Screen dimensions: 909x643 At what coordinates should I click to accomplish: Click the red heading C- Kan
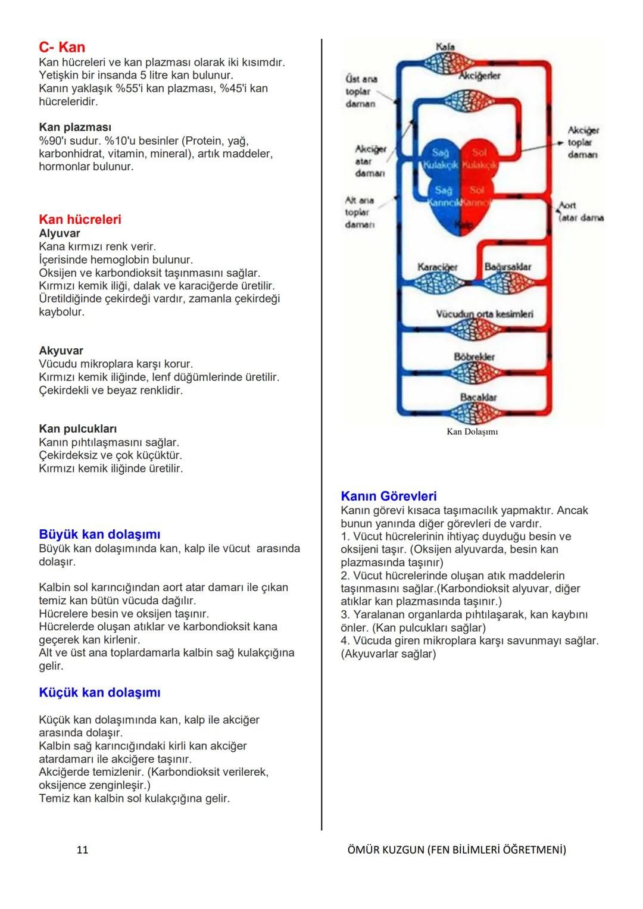coord(62,48)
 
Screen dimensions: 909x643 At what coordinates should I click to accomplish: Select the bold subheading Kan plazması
coord(75,127)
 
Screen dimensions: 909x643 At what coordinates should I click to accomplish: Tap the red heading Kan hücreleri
coord(80,220)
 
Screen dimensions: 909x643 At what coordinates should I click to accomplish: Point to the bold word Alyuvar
coord(60,233)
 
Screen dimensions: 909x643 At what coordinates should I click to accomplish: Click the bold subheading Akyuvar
coord(61,351)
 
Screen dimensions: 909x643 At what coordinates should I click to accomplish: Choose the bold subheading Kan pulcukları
coord(77,429)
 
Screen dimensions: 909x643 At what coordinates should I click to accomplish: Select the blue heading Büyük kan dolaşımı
coord(99,535)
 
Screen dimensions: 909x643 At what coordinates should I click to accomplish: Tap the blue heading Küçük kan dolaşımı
coord(99,692)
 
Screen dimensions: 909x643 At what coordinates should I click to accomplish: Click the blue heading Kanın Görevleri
coord(389,496)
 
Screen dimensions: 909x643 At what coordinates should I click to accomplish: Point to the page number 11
coord(82,849)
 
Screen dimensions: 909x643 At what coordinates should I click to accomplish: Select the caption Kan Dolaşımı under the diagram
coord(472,432)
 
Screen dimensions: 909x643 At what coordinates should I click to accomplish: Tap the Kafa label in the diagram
coord(445,46)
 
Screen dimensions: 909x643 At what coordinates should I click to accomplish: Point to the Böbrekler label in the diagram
coord(474,357)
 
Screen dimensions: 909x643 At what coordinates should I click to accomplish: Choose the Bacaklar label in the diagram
coord(478,397)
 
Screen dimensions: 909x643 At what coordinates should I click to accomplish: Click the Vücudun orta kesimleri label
coord(485,314)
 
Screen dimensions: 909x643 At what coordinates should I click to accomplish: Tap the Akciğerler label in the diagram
coord(479,76)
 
